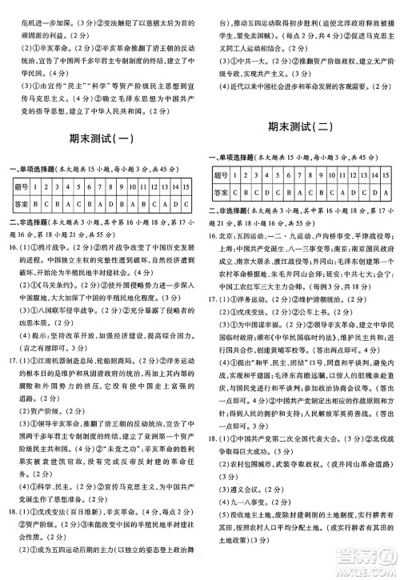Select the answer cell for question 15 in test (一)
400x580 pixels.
pyautogui.click(x=186, y=203)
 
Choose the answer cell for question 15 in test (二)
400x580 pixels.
pyautogui.click(x=386, y=193)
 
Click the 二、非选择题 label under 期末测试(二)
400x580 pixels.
pyautogui.click(x=230, y=211)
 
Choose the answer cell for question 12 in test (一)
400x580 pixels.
pyautogui.click(x=156, y=203)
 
